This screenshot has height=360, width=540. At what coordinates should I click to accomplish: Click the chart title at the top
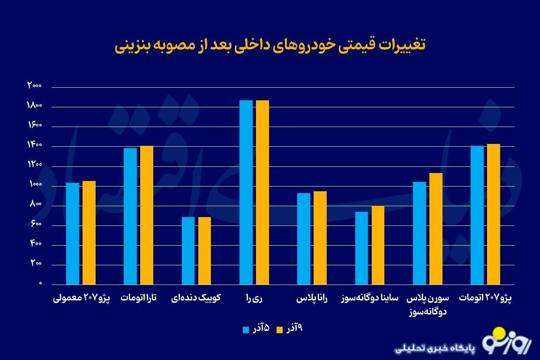tap(270, 46)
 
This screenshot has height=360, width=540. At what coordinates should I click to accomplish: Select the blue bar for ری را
tap(246, 192)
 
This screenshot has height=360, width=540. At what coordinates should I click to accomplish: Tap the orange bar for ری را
tap(262, 192)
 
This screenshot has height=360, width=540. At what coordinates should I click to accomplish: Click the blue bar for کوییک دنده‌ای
tap(188, 251)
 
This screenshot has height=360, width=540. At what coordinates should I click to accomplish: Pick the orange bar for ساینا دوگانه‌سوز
tap(378, 245)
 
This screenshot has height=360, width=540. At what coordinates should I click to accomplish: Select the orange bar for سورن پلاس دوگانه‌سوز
tap(435, 229)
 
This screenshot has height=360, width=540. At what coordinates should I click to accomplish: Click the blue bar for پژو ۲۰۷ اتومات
tap(477, 215)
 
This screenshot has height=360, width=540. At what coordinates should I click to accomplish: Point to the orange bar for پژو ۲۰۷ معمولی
tap(89, 232)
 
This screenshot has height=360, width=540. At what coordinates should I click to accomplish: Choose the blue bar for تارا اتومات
tap(130, 216)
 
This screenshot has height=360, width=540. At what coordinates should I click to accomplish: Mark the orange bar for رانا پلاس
tap(320, 238)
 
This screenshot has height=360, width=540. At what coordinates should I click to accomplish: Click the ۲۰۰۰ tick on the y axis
tap(35, 86)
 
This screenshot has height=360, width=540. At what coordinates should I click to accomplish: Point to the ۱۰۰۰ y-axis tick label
tap(35, 185)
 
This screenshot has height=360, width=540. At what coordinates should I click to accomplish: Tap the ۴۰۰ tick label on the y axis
tap(37, 244)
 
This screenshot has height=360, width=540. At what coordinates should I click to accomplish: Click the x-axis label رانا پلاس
tap(312, 298)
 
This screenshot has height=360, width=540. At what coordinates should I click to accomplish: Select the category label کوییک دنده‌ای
tap(196, 298)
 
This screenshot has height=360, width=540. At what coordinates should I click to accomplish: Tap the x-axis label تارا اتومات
tap(139, 298)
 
